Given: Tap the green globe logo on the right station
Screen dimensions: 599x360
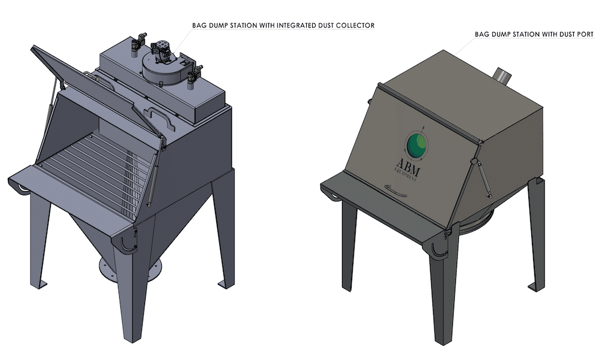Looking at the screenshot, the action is coord(417,145).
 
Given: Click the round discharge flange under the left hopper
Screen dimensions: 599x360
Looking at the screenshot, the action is coord(130,270).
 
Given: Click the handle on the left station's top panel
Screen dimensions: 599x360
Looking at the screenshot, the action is coord(159,117).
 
